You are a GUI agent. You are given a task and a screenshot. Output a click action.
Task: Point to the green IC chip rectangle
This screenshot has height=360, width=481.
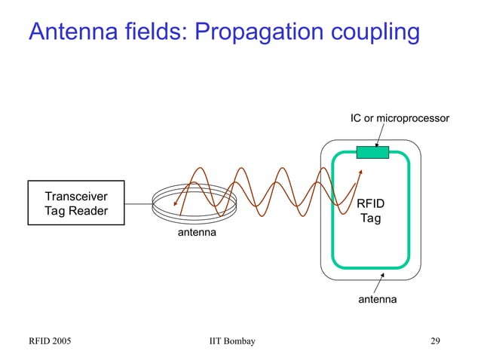[372, 153]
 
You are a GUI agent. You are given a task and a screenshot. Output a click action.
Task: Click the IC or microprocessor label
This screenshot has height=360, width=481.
[400, 118]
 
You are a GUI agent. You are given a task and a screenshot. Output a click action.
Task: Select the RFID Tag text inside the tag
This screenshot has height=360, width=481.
[369, 211]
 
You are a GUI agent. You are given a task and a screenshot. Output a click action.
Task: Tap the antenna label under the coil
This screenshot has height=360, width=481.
[196, 233]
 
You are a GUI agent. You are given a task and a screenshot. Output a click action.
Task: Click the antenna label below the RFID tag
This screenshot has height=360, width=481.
[377, 300]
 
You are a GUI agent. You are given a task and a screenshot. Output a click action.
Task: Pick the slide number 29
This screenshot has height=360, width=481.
[435, 342]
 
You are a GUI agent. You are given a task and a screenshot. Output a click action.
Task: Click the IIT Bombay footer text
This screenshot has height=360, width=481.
[231, 342]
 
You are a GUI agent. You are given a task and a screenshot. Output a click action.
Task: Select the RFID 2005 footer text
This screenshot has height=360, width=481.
[50, 342]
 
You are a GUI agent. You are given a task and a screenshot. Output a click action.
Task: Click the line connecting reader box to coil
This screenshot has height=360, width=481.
[138, 203]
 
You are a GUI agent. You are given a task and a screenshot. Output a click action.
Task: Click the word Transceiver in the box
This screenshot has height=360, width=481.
[75, 196]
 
